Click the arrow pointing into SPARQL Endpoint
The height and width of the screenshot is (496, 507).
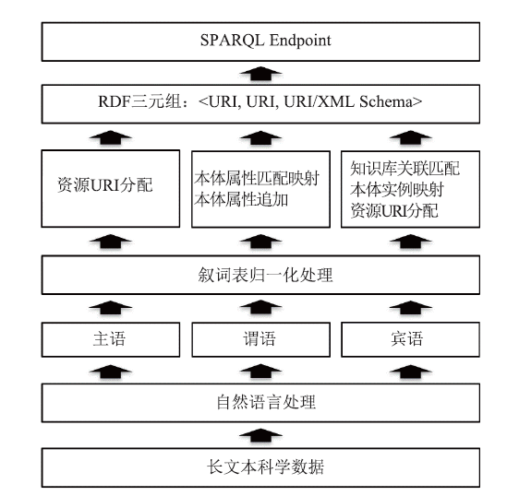point(260,73)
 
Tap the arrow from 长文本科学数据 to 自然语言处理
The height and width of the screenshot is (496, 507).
point(260,435)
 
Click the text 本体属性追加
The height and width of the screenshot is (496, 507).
point(241,199)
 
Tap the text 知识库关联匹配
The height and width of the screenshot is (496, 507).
point(404,169)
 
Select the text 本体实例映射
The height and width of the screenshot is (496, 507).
point(397,189)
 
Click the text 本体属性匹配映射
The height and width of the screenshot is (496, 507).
point(257,178)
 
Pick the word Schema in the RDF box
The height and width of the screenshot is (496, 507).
point(386,101)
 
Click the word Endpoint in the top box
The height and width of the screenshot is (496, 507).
point(300,41)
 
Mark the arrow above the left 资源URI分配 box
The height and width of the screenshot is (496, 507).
point(111,137)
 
